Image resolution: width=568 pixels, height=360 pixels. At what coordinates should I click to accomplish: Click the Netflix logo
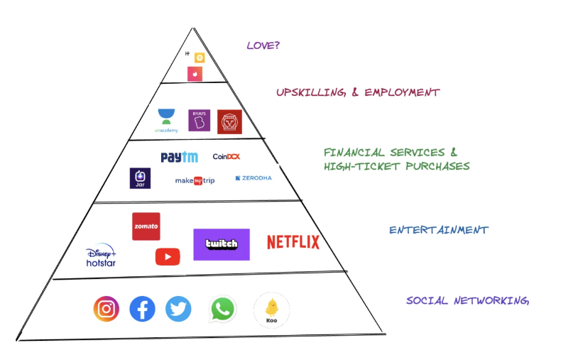[293, 242]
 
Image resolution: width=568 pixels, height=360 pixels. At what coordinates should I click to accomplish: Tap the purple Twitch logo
[222, 244]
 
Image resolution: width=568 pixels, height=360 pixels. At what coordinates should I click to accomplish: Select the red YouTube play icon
[168, 256]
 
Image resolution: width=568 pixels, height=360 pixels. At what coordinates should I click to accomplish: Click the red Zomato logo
[146, 227]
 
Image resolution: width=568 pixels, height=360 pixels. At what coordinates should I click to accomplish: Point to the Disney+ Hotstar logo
[101, 258]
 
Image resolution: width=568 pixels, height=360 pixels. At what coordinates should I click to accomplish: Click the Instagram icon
[106, 309]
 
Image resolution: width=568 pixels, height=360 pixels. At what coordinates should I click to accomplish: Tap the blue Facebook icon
[143, 309]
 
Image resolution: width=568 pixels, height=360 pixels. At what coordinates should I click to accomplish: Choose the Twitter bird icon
[179, 309]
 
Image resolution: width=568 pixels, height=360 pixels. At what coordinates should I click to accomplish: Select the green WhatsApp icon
[223, 309]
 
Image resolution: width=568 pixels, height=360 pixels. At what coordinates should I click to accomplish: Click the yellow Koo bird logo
[271, 310]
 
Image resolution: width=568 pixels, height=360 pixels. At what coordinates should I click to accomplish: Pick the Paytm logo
[179, 157]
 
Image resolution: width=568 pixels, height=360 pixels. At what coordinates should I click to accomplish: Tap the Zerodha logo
[253, 178]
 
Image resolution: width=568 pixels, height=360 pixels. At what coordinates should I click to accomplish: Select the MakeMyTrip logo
[195, 180]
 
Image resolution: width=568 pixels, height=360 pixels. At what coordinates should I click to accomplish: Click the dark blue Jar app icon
[140, 178]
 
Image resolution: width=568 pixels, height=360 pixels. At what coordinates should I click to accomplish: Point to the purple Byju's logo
[199, 120]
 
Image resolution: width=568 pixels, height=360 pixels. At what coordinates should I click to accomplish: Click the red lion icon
[229, 122]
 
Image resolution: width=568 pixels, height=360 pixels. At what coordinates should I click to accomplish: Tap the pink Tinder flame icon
[195, 73]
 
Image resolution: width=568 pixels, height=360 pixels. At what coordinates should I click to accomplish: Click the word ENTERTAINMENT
[438, 230]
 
